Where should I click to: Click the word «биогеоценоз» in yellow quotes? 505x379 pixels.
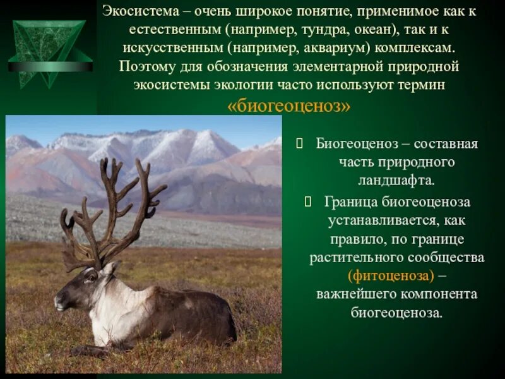click(x=288, y=107)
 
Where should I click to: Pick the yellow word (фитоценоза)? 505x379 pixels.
click(x=382, y=276)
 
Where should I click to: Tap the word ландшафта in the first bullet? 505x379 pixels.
click(x=388, y=181)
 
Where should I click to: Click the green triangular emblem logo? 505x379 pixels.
click(x=50, y=54)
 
